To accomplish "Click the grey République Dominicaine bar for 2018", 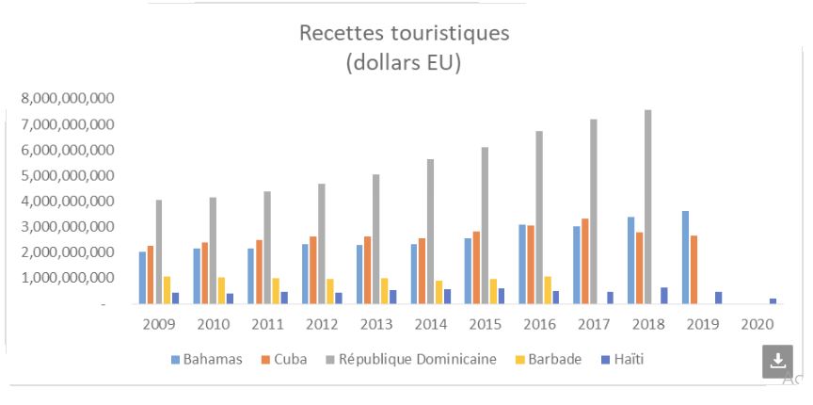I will point(647,207).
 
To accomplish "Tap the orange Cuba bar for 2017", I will point(585,261).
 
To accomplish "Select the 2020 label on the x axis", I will point(757,324).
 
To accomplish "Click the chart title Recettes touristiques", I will point(404,34).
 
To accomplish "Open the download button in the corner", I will point(777,361).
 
